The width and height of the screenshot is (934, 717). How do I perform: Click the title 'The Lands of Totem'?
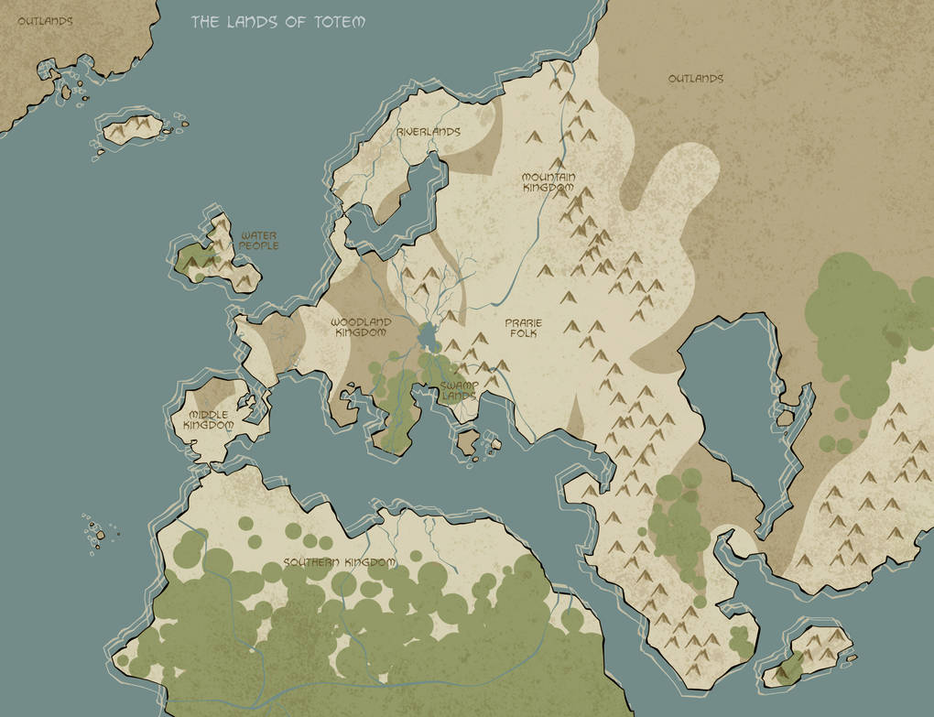277,21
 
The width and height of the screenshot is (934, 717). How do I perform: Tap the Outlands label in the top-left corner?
45,20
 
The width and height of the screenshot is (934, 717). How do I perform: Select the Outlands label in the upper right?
695,79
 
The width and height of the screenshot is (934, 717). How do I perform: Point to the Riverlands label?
428,132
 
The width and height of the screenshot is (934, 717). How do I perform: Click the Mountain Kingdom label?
548,182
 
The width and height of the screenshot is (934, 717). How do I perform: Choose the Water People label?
259,241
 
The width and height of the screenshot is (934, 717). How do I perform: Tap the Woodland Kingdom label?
361,328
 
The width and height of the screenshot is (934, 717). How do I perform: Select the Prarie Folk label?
525,328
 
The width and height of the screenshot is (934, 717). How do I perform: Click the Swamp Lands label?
459,391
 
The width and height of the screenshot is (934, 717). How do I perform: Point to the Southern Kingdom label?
339,562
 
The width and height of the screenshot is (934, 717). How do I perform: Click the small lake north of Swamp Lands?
427,337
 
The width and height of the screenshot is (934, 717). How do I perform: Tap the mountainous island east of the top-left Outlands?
133,130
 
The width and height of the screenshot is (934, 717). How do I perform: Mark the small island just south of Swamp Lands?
469,443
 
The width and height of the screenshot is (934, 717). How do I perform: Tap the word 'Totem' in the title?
339,21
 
